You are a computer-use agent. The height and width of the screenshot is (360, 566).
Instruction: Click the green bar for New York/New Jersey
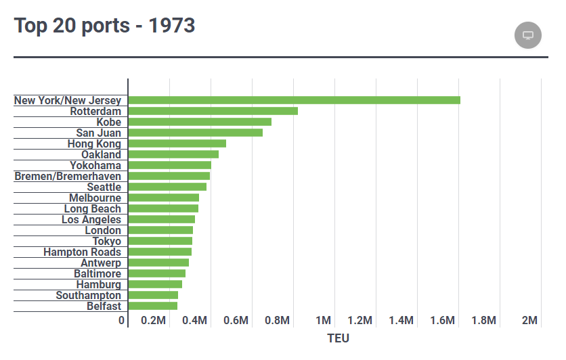pyautogui.click(x=294, y=100)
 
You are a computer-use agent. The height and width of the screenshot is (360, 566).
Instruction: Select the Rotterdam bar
pyautogui.click(x=213, y=111)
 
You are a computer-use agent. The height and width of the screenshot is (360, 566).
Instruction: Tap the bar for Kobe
pyautogui.click(x=200, y=122)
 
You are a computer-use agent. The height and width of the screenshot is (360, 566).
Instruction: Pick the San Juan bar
pyautogui.click(x=195, y=133)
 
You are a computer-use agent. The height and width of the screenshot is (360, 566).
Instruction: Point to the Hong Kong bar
pyautogui.click(x=177, y=143)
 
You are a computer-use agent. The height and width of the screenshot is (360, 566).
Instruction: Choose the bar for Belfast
pyautogui.click(x=152, y=306)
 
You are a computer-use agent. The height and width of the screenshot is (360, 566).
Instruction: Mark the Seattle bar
pyautogui.click(x=167, y=187)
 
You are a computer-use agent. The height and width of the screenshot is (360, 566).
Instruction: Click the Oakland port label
pyautogui.click(x=101, y=154)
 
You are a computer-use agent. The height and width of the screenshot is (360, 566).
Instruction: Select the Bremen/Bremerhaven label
pyautogui.click(x=68, y=176)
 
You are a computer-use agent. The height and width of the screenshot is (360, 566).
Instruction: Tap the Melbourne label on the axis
pyautogui.click(x=95, y=198)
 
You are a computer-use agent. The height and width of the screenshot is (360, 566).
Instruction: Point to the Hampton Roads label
pyautogui.click(x=82, y=252)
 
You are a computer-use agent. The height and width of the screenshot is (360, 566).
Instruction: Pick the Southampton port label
pyautogui.click(x=88, y=295)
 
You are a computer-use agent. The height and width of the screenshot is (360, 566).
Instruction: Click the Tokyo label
pyautogui.click(x=106, y=241)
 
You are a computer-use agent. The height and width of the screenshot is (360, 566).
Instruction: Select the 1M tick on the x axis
pyautogui.click(x=323, y=320)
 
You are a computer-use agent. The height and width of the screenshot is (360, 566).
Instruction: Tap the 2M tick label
pyautogui.click(x=529, y=320)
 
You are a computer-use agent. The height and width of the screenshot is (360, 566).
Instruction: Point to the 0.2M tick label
pyautogui.click(x=153, y=320)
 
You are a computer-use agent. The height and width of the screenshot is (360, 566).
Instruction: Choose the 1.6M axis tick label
pyautogui.click(x=442, y=320)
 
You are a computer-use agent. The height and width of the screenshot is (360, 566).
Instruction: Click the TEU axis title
pyautogui.click(x=338, y=338)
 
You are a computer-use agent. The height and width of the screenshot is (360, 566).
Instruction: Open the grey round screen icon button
pyautogui.click(x=528, y=35)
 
